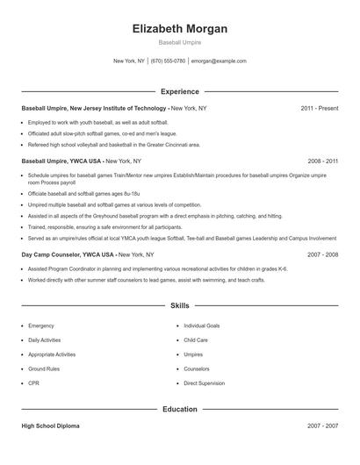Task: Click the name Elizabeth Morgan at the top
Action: click(x=179, y=28)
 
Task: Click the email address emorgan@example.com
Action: click(x=219, y=61)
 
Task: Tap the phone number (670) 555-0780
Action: click(x=168, y=61)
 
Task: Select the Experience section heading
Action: click(x=179, y=91)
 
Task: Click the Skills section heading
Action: click(x=179, y=306)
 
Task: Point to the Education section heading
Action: click(x=179, y=409)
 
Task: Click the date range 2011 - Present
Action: click(x=319, y=108)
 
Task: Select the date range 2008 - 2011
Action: click(x=322, y=161)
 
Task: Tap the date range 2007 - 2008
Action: click(x=322, y=254)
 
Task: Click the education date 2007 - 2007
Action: click(x=322, y=426)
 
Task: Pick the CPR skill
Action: click(x=34, y=383)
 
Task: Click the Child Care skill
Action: click(x=195, y=340)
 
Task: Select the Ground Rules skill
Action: click(x=44, y=368)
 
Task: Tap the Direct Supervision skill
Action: click(x=204, y=383)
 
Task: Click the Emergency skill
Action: click(x=40, y=325)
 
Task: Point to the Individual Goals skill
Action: click(x=201, y=325)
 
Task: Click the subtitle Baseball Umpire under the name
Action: click(x=179, y=42)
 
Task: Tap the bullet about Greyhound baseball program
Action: click(x=155, y=215)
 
